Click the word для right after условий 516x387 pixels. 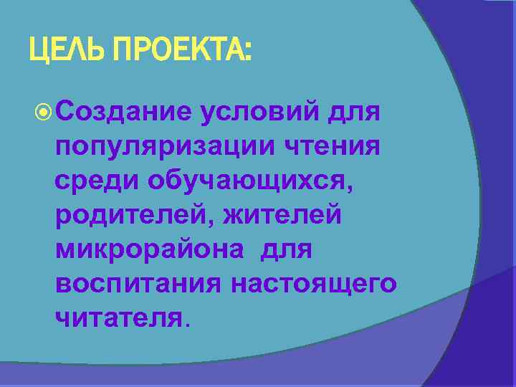click(x=353, y=113)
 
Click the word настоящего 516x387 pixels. click(x=313, y=284)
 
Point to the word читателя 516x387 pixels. click(x=118, y=317)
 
